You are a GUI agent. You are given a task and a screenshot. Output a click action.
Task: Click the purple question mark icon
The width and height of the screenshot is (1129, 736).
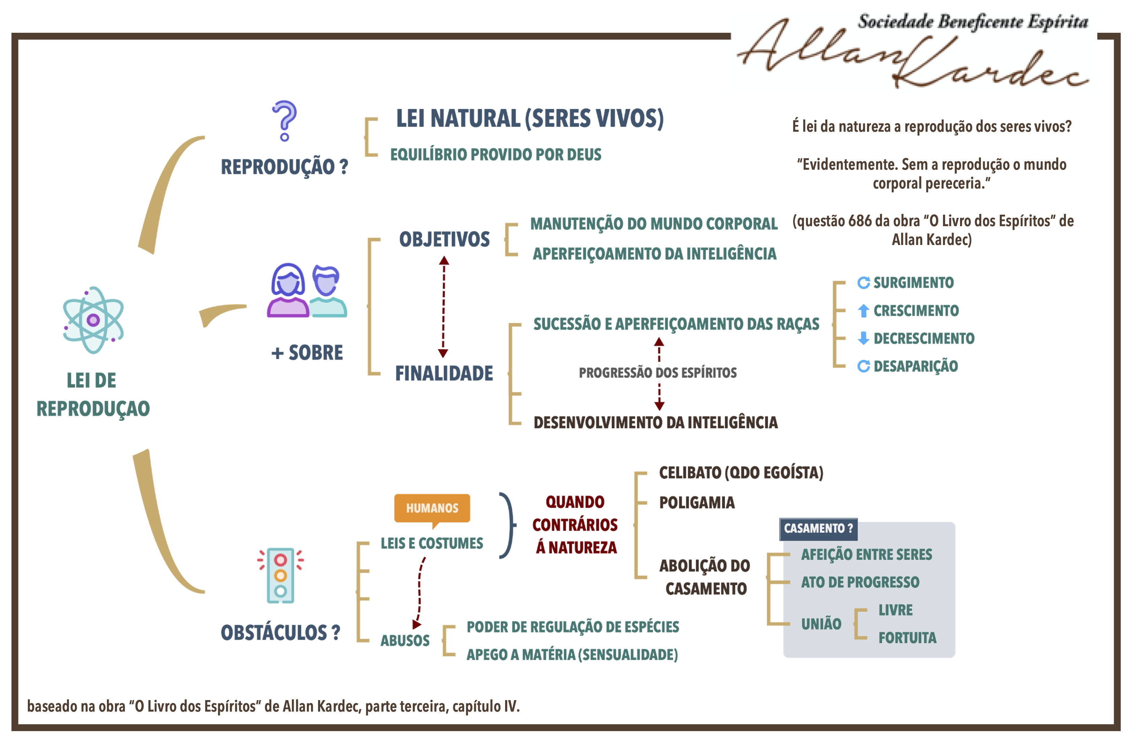coord(285,121)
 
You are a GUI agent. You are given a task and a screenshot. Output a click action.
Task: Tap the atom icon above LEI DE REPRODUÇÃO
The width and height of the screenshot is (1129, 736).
coord(93,320)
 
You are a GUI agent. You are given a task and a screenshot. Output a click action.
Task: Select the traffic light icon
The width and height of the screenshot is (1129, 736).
coord(280,575)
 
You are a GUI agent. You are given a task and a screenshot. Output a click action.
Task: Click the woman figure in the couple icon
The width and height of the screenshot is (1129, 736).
coord(287,290)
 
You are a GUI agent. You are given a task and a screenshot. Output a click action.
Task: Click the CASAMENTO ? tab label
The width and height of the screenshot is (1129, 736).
coord(818,529)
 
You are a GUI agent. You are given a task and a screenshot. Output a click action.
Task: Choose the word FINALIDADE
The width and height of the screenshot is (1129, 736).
coord(444,374)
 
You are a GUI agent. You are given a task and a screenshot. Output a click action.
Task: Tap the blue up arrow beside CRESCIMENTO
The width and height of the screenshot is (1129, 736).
coord(863,311)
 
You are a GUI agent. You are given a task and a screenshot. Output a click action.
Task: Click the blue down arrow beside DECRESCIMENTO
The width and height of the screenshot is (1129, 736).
coord(863,338)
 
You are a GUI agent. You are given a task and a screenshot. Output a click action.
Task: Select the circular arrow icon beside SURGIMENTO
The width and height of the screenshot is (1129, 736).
coord(863,283)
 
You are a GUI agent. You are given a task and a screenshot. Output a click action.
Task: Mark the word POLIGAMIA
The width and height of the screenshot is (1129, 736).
coord(696,503)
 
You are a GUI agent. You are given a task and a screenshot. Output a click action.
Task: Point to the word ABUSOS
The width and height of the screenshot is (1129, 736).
coord(405,641)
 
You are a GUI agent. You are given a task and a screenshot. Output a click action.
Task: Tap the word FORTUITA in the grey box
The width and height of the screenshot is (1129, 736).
coord(907,638)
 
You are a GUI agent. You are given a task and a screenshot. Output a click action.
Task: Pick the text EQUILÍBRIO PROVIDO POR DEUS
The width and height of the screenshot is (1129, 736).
coord(495,155)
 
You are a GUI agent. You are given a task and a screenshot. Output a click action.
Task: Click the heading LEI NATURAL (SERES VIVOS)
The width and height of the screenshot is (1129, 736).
coord(529,118)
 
